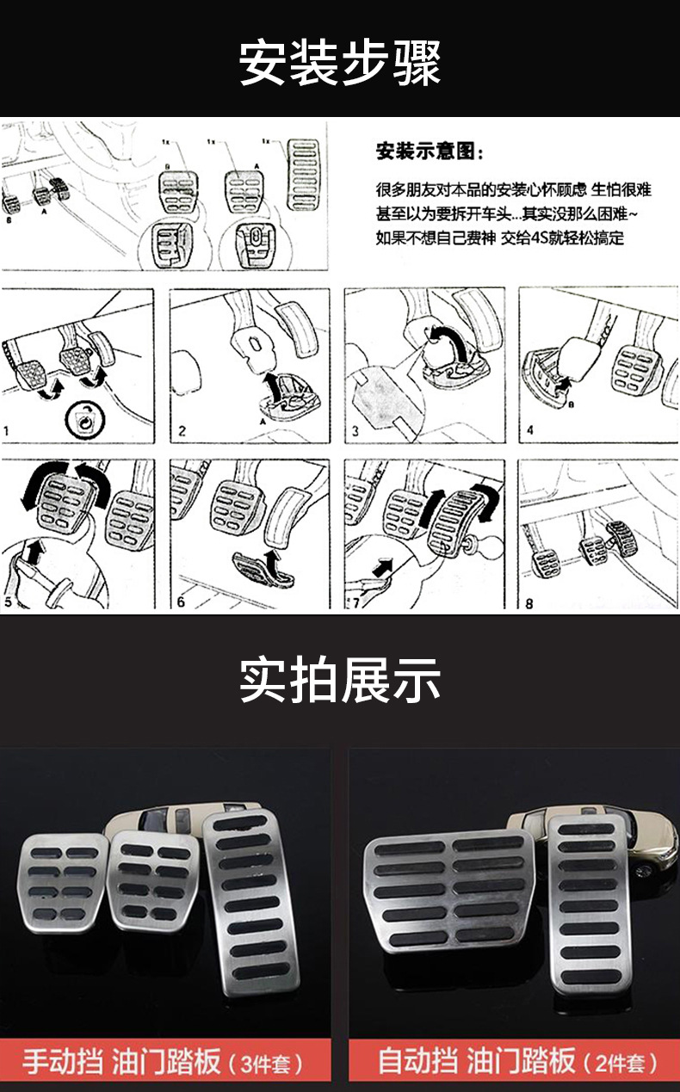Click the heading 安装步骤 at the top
click(339, 62)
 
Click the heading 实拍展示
click(339, 680)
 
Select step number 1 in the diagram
click(7, 429)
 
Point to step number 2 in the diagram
click(182, 430)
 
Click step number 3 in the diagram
click(354, 430)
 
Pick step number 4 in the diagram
click(530, 430)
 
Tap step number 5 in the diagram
click(9, 602)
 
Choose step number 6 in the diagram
click(181, 602)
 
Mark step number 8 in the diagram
click(529, 603)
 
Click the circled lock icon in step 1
click(83, 421)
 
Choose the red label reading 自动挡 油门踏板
click(515, 1060)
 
